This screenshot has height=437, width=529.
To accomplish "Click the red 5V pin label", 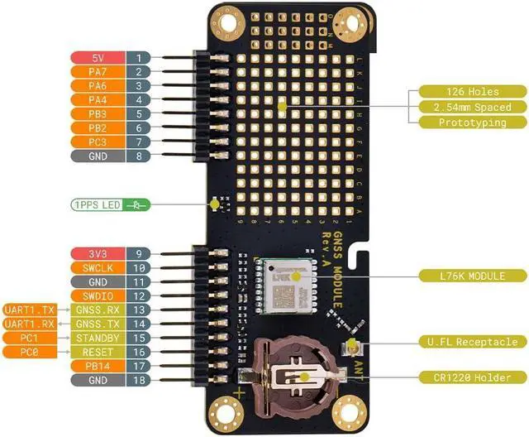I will coord(98,58).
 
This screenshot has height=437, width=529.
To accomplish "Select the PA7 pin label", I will coord(98,72).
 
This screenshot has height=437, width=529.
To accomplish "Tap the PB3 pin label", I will coord(98,114).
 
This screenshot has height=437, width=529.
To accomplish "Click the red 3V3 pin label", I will coord(98,253).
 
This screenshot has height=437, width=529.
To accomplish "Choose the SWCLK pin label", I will coord(98,267).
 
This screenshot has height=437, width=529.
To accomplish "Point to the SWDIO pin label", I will coord(98,295).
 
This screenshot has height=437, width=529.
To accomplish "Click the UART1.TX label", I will coord(29,310).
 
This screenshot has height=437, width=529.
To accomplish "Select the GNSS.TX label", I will coord(98,324).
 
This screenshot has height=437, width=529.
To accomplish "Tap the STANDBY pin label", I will coord(98,338).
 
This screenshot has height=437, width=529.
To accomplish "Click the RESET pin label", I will coord(98,352).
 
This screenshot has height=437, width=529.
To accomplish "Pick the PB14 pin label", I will coord(98,366).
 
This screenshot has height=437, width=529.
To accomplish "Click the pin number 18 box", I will coord(139,380).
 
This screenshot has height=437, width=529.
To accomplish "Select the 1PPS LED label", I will coord(97,204).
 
